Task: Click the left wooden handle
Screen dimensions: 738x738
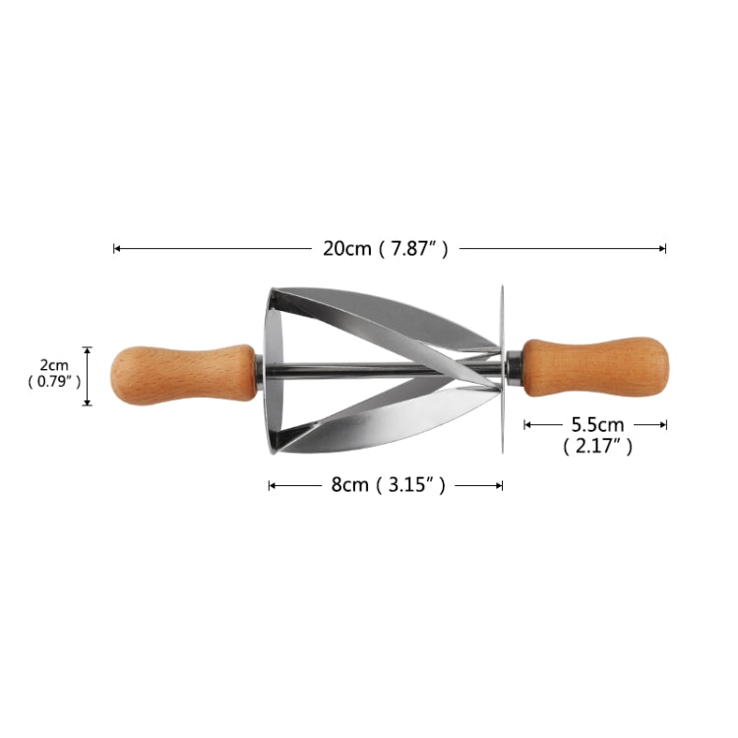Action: (182, 375)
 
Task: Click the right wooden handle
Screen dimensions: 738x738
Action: (594, 367)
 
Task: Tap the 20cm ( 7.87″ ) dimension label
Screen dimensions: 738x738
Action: (386, 249)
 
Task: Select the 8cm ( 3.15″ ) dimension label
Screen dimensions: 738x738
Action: (386, 485)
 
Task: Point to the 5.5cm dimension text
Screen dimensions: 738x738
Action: (597, 424)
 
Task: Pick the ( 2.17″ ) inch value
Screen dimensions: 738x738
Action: (597, 447)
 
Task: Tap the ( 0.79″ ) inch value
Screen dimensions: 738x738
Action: (53, 382)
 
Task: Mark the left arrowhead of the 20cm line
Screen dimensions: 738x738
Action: (116, 249)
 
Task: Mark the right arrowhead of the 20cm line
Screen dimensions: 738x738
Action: (664, 249)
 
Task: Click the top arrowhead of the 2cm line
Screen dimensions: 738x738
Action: (88, 349)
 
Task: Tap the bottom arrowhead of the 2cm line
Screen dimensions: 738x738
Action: (88, 403)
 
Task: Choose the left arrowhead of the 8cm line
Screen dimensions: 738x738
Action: (271, 485)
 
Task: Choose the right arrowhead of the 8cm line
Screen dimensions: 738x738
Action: (501, 485)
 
